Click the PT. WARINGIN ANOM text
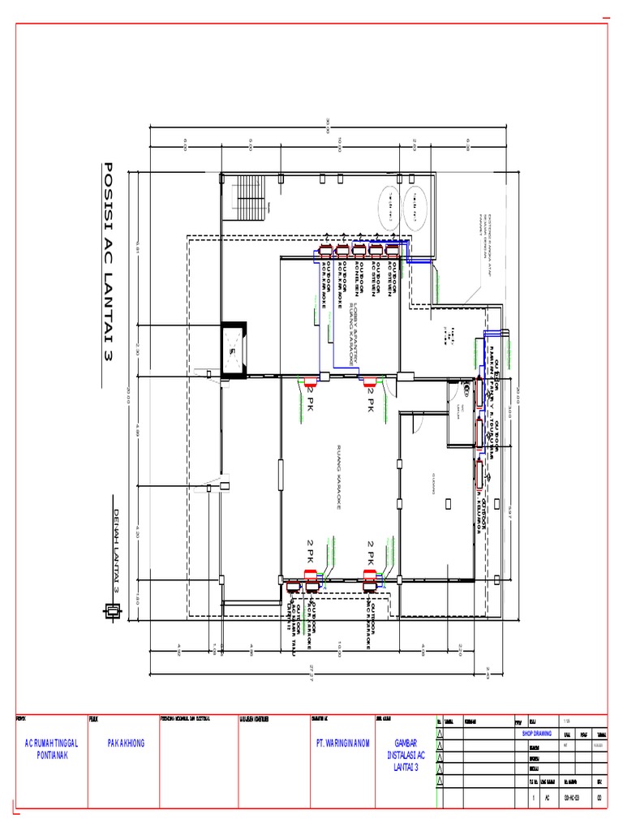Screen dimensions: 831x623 point(343,743)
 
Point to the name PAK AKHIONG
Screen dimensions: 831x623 point(126,743)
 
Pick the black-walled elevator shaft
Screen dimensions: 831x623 point(233,351)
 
